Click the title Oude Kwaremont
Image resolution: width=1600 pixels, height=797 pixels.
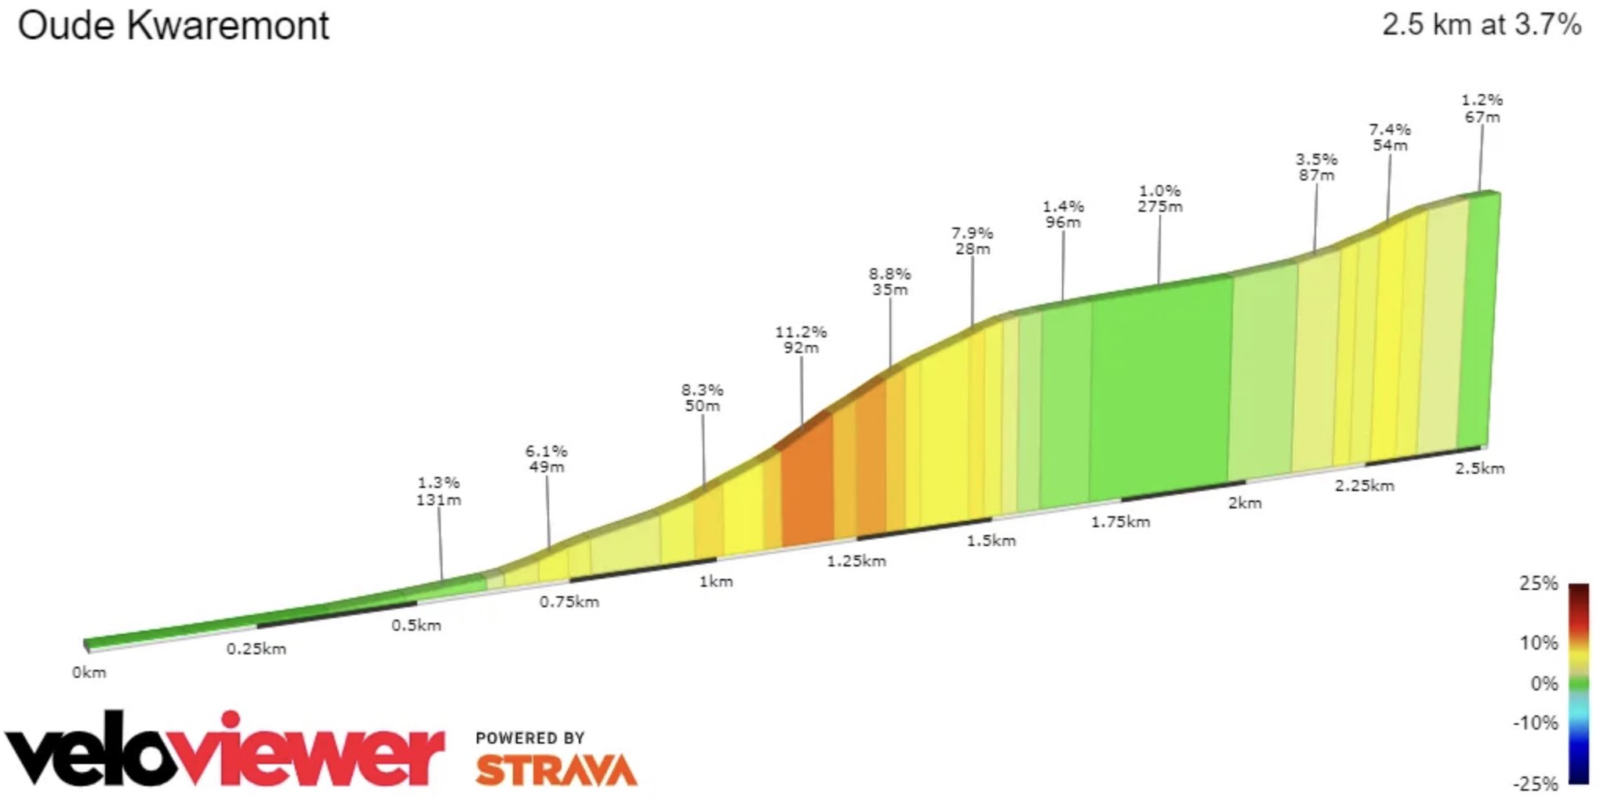tap(173, 26)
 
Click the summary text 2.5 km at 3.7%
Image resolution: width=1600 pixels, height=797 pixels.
tap(1481, 25)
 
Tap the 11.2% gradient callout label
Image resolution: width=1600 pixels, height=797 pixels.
tap(801, 340)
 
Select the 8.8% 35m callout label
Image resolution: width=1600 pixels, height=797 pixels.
tap(889, 282)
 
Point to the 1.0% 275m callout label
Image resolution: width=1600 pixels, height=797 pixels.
tap(1160, 198)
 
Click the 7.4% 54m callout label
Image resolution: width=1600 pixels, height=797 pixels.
tap(1390, 137)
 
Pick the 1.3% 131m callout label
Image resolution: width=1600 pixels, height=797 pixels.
tap(438, 491)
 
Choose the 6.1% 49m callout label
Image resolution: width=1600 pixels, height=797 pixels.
tap(546, 459)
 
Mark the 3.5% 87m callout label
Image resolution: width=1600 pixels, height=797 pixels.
tap(1316, 167)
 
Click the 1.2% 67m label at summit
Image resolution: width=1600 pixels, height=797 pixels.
tap(1482, 108)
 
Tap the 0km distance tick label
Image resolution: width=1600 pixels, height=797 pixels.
tap(89, 672)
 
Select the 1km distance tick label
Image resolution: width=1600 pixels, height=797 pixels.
tap(715, 581)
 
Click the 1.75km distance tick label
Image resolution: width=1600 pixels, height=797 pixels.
tap(1120, 522)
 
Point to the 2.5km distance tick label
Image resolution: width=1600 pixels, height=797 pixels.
tap(1479, 468)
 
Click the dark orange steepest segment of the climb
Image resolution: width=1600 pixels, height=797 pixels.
tap(806, 486)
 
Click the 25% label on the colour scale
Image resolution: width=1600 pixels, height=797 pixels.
tap(1538, 584)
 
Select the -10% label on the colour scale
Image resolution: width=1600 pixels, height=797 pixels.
tap(1535, 722)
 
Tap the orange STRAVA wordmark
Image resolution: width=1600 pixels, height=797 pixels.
tap(556, 770)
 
